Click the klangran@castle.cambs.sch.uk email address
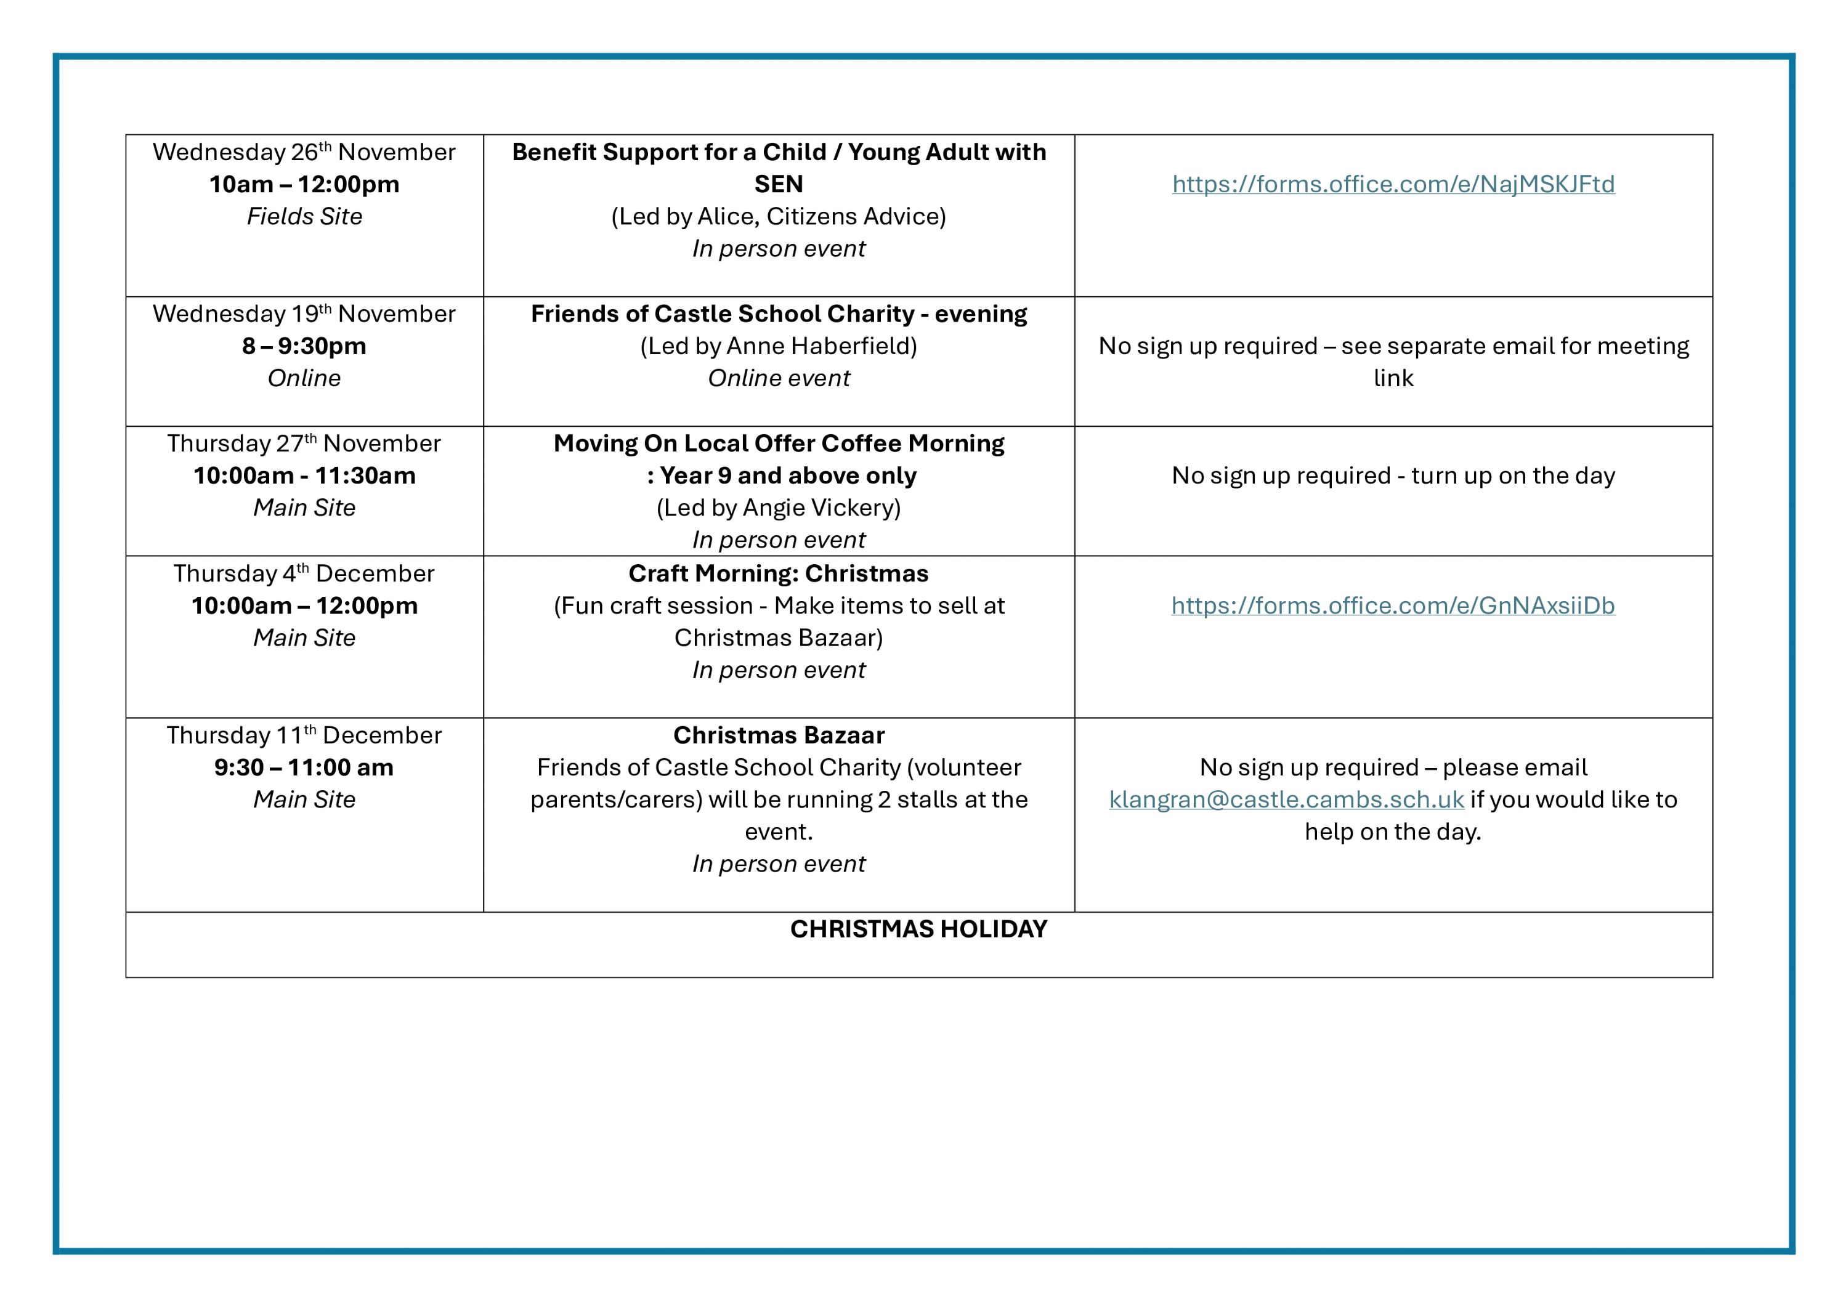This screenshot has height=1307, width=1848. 1286,799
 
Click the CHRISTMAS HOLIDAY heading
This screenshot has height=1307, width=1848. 918,929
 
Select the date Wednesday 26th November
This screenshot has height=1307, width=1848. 304,152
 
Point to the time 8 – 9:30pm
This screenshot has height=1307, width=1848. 304,346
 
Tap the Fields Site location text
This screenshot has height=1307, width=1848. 304,216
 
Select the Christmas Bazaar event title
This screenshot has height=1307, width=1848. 779,735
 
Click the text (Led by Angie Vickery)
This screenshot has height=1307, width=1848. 779,508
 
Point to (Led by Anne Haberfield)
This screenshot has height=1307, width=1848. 779,346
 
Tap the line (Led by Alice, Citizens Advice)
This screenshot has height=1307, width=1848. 779,216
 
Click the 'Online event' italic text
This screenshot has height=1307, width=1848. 779,378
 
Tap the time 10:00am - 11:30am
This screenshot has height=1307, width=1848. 304,475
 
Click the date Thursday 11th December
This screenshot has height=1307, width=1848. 304,735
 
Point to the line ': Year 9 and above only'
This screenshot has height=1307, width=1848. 782,475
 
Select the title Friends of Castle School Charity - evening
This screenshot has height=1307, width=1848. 779,314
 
